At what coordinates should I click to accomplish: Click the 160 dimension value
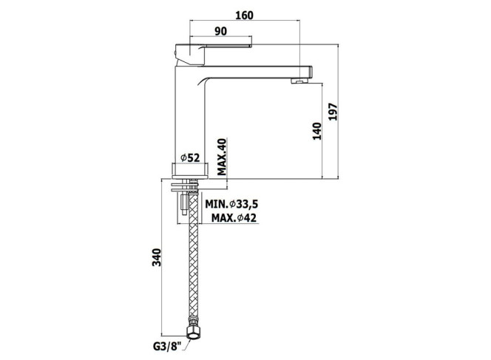244,16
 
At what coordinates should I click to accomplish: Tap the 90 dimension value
221,31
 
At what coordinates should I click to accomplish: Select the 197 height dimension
333,112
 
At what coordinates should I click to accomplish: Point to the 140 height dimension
317,131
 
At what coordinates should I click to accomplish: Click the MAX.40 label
222,157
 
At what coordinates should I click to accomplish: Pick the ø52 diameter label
190,157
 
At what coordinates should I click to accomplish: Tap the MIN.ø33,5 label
231,204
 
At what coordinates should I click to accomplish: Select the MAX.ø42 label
234,217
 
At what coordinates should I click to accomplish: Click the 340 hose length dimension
156,257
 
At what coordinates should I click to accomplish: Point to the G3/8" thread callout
168,347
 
